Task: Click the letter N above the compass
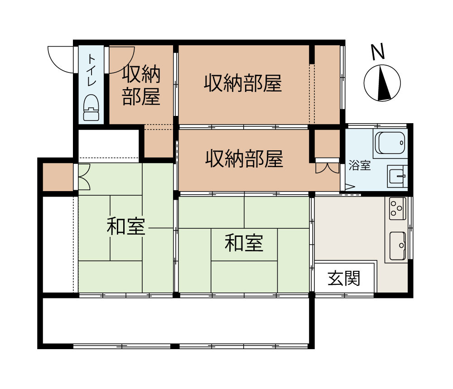pyautogui.click(x=378, y=52)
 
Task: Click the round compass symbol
pyautogui.click(x=382, y=83)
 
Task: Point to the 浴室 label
pyautogui.click(x=360, y=166)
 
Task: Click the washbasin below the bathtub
pyautogui.click(x=398, y=176)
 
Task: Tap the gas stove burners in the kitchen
pyautogui.click(x=397, y=208)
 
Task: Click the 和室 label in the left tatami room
pyautogui.click(x=126, y=226)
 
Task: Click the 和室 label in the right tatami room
pyautogui.click(x=244, y=244)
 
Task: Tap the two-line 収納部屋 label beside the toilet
pyautogui.click(x=141, y=86)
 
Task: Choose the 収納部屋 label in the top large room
pyautogui.click(x=243, y=83)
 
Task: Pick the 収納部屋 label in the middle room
pyautogui.click(x=245, y=158)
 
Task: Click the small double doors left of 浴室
pyautogui.click(x=327, y=168)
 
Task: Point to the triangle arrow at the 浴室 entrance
pyautogui.click(x=349, y=186)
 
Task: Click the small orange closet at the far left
pyautogui.click(x=58, y=177)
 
